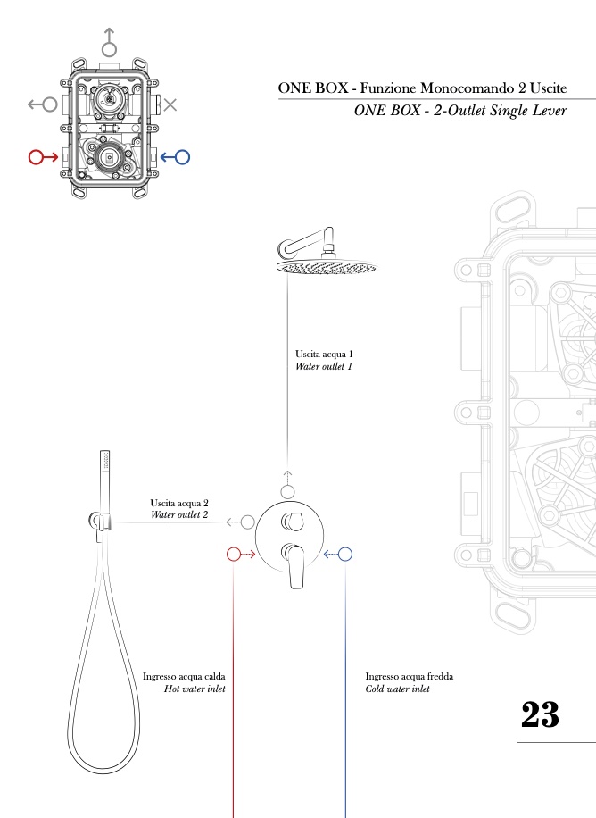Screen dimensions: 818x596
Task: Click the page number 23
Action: [540, 714]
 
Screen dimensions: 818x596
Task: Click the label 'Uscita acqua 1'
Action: [324, 354]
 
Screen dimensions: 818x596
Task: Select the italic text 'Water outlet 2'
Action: [179, 515]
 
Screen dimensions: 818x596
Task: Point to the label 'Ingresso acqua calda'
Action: [184, 677]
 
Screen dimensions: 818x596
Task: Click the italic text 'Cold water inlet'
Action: [398, 689]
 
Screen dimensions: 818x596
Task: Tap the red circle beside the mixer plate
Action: [234, 555]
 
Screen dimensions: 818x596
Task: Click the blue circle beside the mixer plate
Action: [346, 555]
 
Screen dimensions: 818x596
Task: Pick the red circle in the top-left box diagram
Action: [37, 157]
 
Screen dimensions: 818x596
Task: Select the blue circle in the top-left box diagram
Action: [182, 157]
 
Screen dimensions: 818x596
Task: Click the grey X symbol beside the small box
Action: [170, 104]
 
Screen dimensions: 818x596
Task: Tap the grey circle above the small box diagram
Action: [109, 48]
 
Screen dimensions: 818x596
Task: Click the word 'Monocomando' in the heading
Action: [432, 88]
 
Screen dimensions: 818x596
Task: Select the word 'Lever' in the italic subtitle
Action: [546, 112]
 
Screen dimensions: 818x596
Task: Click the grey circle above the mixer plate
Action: [287, 492]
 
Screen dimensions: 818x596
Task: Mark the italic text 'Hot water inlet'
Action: [195, 689]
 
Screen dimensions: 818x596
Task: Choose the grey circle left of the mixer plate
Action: [248, 522]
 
